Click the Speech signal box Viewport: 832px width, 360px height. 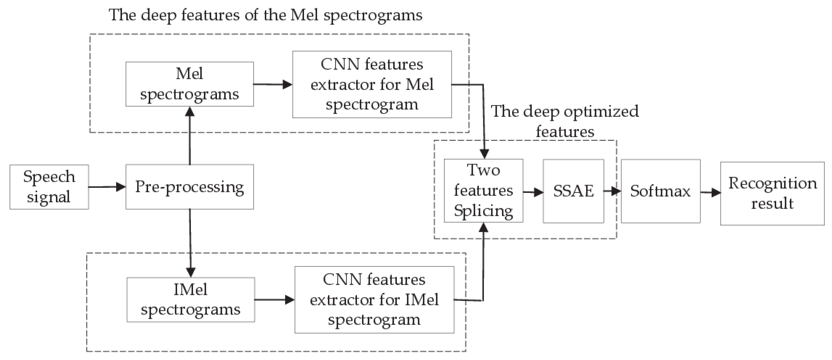click(49, 187)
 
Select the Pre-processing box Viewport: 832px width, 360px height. click(190, 187)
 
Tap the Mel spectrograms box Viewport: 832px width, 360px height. click(190, 84)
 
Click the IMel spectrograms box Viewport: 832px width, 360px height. click(191, 300)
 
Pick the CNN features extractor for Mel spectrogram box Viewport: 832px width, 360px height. click(372, 84)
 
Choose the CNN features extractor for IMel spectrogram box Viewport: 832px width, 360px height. click(374, 300)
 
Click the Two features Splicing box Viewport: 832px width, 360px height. click(483, 191)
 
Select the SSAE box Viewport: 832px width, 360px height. click(573, 191)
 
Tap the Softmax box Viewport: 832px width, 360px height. click(660, 191)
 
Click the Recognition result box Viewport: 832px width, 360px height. click(772, 193)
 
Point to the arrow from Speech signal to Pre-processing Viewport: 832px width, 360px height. click(107, 187)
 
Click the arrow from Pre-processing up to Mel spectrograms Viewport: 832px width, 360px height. click(190, 136)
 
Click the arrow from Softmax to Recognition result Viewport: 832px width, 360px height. click(710, 193)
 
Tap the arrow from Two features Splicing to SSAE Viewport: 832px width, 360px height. click(533, 192)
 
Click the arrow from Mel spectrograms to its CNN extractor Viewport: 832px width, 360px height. click(273, 85)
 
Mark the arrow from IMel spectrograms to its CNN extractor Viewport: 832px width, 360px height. click(275, 300)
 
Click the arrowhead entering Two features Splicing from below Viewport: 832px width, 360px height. click(483, 228)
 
